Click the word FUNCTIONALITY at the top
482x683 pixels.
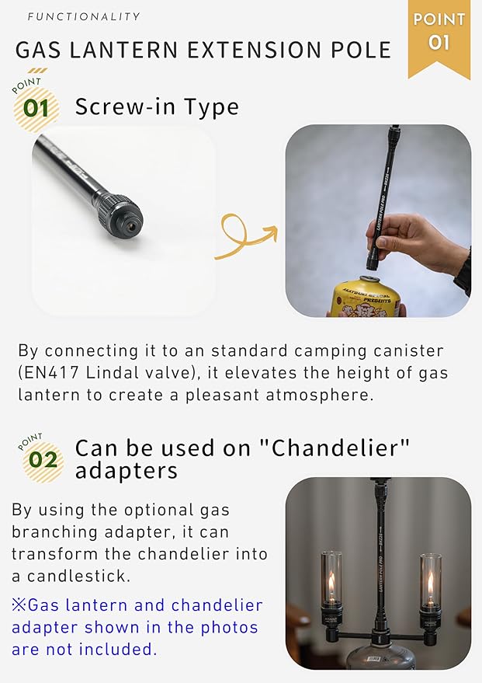(84, 16)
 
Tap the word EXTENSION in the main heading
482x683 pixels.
(255, 50)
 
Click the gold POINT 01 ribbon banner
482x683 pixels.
(439, 38)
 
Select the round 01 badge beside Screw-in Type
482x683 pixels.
(36, 108)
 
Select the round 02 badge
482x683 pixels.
(43, 460)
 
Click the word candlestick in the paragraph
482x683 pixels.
(78, 577)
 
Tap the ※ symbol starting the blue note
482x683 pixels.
(19, 605)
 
